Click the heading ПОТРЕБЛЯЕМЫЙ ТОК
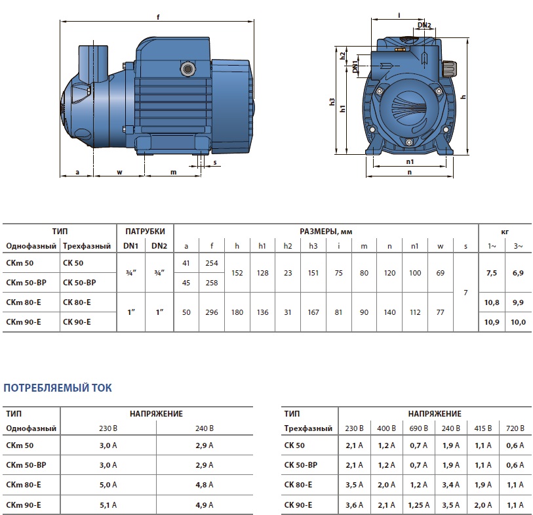pyautogui.click(x=58, y=388)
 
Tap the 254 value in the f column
pyautogui.click(x=212, y=263)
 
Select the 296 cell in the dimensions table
pyautogui.click(x=212, y=312)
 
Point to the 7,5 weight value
pyautogui.click(x=492, y=273)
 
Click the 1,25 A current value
pyautogui.click(x=418, y=505)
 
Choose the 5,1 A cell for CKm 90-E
pyautogui.click(x=108, y=505)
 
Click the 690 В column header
pyautogui.click(x=418, y=428)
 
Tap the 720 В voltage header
pyautogui.click(x=515, y=428)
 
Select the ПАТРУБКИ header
pyautogui.click(x=145, y=232)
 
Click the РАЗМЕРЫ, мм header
pyautogui.click(x=326, y=232)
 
